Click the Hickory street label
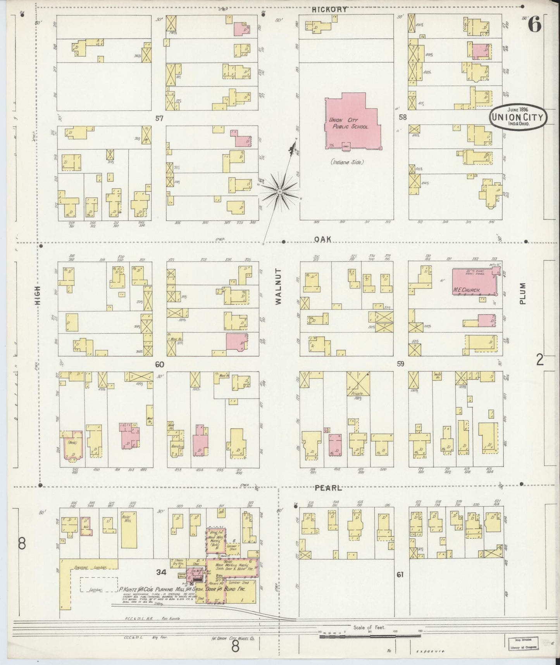tap(329, 10)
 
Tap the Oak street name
tap(322, 239)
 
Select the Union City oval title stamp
tap(518, 115)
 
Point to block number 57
tap(159, 118)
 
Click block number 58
tap(402, 117)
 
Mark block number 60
tap(159, 364)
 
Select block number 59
tap(400, 364)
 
